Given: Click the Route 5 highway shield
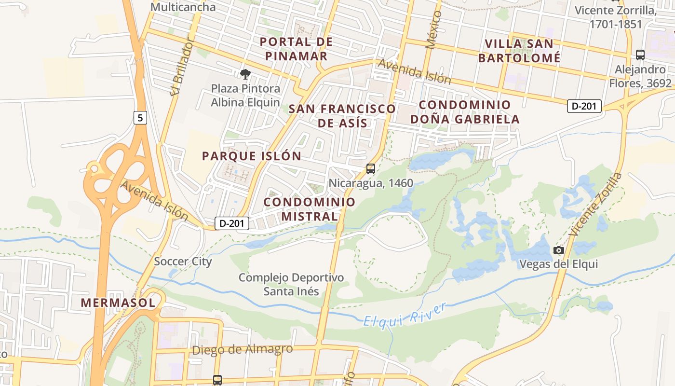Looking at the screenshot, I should tap(140, 117).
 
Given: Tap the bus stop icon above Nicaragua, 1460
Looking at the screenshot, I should tap(370, 169).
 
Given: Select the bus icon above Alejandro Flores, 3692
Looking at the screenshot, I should tap(640, 55).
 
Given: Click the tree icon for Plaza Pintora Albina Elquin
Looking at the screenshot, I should tap(245, 74).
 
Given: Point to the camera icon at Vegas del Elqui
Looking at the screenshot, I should tap(559, 250).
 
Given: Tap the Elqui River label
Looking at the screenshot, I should tap(405, 315).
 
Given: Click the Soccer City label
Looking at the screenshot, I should tap(183, 262).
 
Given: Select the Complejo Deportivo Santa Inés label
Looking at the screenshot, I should tap(291, 284).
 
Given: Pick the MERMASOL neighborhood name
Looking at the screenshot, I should tap(118, 303).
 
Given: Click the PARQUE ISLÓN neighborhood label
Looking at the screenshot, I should tap(252, 156).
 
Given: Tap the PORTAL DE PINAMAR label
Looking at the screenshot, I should tap(296, 49).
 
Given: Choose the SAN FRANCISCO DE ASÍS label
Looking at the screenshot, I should tap(342, 116).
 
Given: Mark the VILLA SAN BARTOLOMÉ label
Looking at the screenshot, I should tap(519, 51).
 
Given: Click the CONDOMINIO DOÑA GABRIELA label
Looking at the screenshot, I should tap(465, 112).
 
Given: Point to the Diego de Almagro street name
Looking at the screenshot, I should tap(242, 349).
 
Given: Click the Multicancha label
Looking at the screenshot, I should tap(183, 7).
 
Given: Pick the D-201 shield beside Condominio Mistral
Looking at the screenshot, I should tap(232, 223).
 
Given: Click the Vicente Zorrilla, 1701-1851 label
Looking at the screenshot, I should tap(615, 17).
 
